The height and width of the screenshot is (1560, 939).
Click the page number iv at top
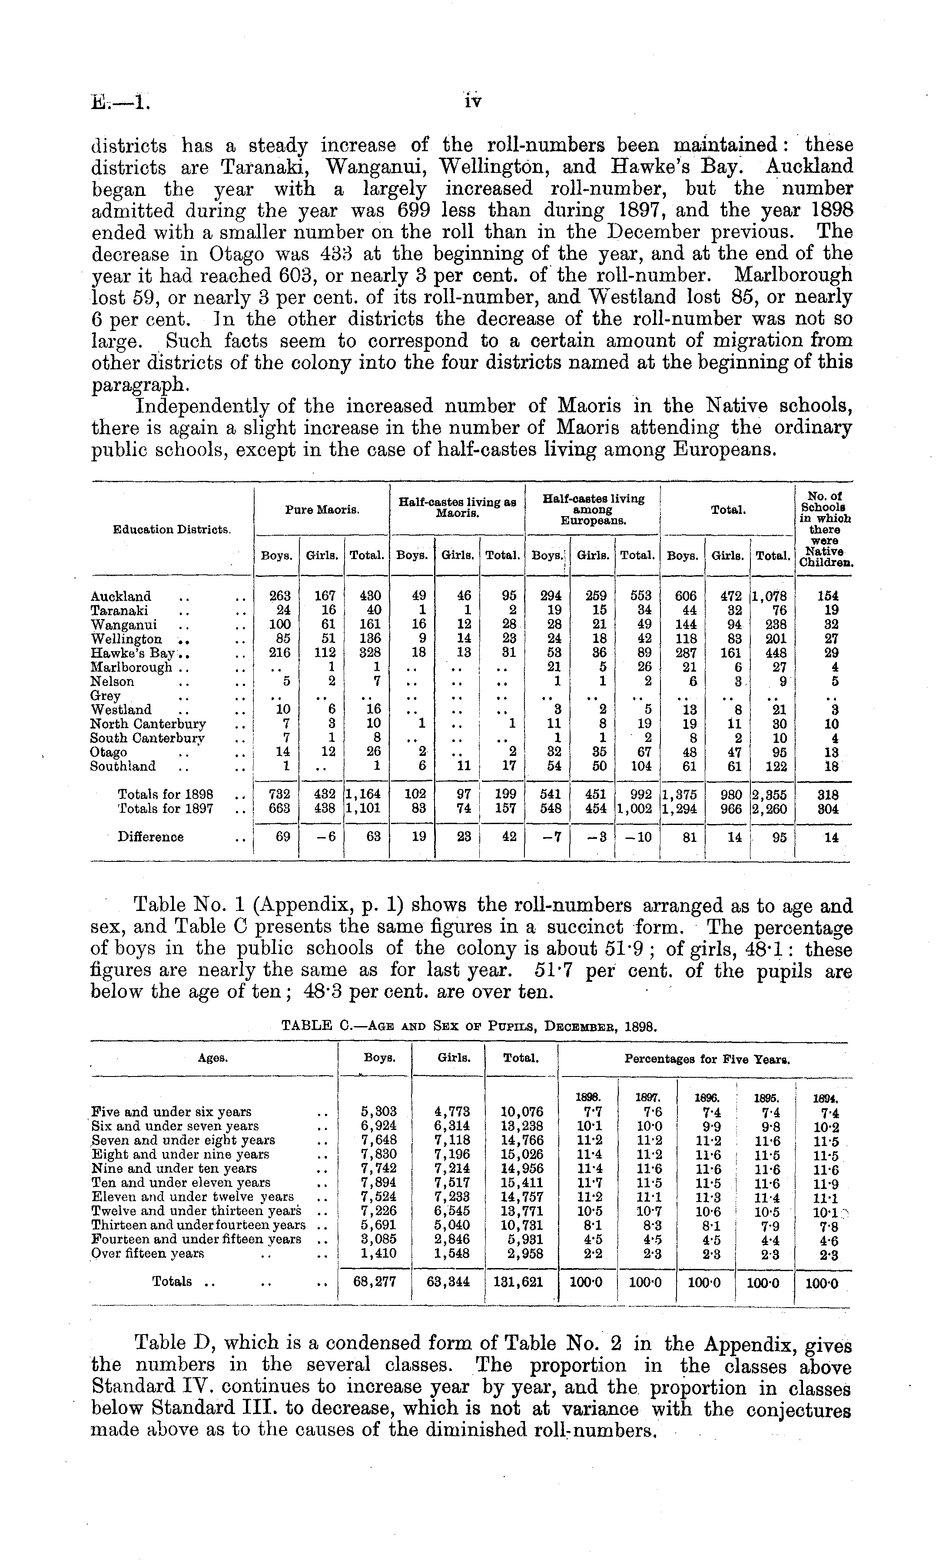[x=473, y=101]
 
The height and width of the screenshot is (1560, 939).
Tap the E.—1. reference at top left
[x=121, y=101]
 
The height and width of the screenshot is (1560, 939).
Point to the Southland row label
[x=123, y=766]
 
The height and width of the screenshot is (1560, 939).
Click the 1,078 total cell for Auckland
[x=771, y=596]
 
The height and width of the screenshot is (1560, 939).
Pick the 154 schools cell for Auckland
[x=828, y=596]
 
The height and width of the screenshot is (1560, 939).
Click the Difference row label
[x=151, y=837]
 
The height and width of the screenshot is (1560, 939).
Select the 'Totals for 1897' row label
[x=166, y=808]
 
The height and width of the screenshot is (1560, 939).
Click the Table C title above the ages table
[x=469, y=1027]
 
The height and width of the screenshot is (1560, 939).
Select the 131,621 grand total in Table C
[x=521, y=1282]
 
